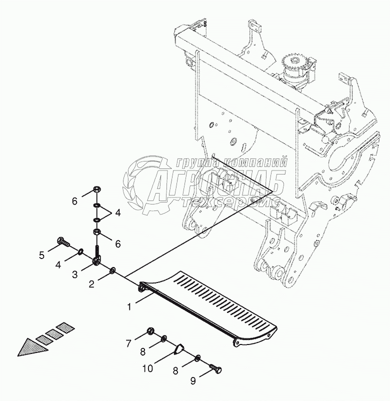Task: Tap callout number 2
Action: tap(92, 283)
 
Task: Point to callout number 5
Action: tap(42, 255)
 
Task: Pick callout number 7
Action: tap(128, 343)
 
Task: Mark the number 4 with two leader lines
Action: tap(117, 212)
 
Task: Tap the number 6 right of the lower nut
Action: tap(118, 244)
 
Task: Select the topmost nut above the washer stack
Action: tap(97, 190)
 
